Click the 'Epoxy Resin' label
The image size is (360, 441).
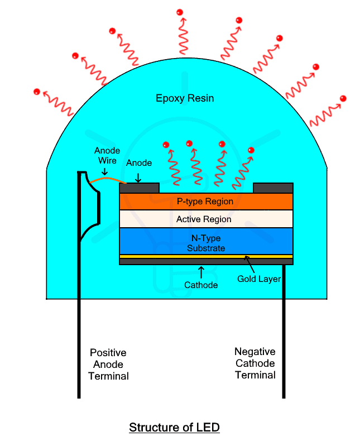coord(185,99)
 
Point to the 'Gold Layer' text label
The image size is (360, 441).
coord(258,279)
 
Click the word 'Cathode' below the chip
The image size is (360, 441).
coord(200,285)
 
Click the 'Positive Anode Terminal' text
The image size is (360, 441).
coord(108,365)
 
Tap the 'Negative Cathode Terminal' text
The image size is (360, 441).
coord(255,363)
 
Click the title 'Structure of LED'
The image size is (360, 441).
coord(174,428)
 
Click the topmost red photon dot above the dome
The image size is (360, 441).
coord(180,12)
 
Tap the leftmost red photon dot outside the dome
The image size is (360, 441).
coord(37,92)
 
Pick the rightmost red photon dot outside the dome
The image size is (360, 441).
coord(343,99)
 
